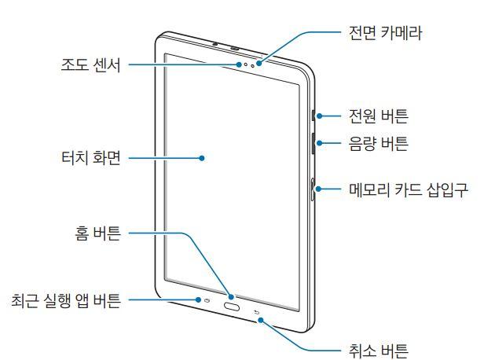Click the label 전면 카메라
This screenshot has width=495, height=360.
point(385,33)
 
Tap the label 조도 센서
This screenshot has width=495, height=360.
point(91,65)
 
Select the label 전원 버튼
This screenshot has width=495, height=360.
point(378,116)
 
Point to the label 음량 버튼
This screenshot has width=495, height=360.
point(378,143)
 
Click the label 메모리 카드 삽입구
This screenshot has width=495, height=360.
point(409,189)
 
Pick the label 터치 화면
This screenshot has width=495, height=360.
point(91,157)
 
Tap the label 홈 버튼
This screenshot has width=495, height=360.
point(98,233)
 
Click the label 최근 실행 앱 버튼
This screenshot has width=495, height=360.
point(66,300)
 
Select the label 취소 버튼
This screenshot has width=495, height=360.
point(378,351)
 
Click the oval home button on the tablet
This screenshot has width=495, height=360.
point(232,306)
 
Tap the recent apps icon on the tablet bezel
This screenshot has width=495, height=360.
point(208,300)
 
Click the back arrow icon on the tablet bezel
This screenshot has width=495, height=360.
point(256,313)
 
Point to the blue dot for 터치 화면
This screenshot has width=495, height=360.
point(202,158)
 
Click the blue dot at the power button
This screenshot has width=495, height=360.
point(320,116)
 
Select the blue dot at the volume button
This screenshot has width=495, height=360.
point(320,143)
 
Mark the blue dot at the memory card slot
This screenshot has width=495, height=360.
point(319,189)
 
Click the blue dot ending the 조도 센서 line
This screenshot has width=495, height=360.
point(240,64)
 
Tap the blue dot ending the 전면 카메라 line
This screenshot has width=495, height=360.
point(259,64)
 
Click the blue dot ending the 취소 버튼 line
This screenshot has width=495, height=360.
point(261,321)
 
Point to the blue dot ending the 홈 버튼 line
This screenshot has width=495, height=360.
point(232,297)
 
